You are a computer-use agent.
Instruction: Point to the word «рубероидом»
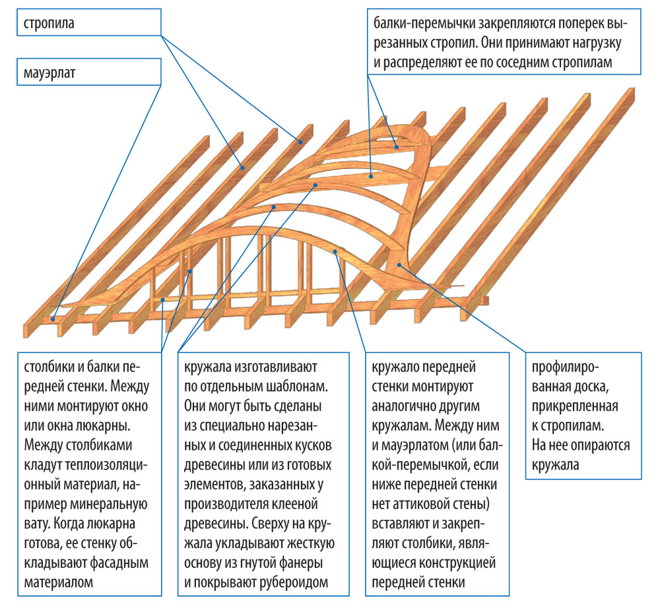point(295,582)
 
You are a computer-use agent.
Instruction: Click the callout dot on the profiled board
point(398,265)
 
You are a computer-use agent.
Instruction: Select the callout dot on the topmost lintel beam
point(397,147)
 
